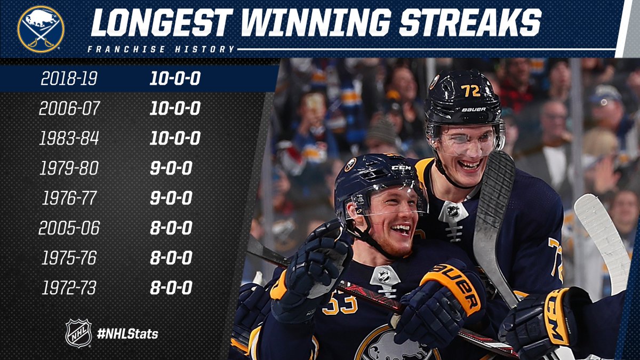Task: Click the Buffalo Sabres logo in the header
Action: tap(41, 29)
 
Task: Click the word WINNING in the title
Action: tap(316, 23)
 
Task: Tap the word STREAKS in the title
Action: tap(470, 23)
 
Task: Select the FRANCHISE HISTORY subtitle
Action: tap(161, 49)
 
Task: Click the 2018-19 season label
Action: tap(69, 78)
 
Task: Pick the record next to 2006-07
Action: tap(175, 108)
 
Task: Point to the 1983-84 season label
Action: tap(69, 138)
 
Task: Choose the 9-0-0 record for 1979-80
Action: tap(171, 168)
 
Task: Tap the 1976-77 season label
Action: tap(69, 198)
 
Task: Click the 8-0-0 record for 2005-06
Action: tap(171, 228)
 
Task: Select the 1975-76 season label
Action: tap(69, 258)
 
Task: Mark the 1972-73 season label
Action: tap(69, 287)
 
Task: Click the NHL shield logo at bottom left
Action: tap(78, 333)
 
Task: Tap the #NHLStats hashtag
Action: tap(127, 334)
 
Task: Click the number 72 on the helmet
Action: tap(470, 91)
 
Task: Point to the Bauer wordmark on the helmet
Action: tap(474, 109)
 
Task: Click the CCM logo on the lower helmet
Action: tap(401, 167)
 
